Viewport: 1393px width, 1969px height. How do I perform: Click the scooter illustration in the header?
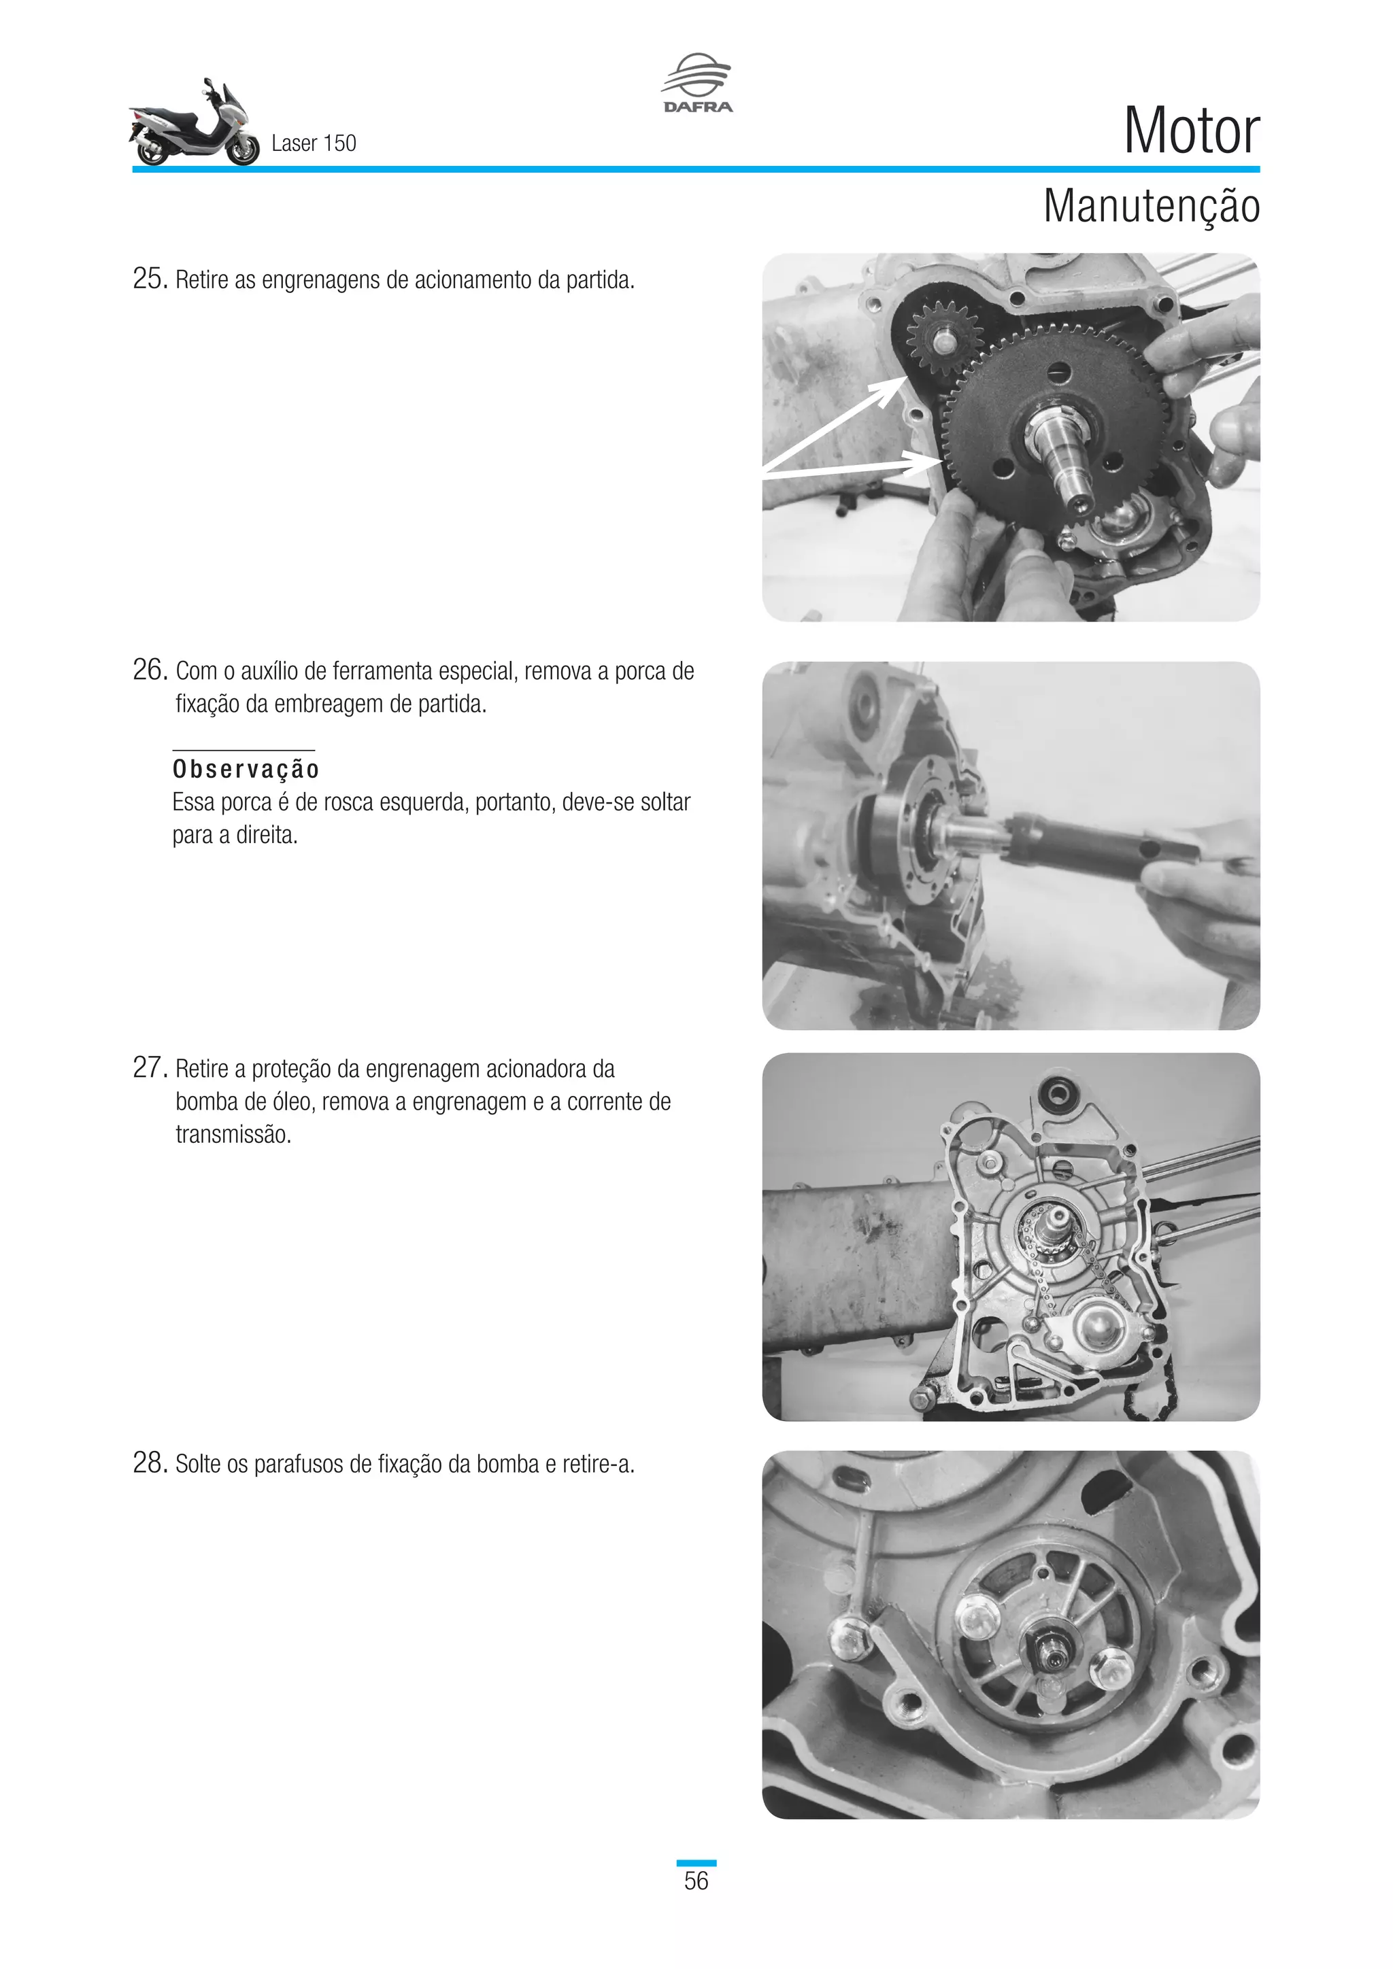point(194,124)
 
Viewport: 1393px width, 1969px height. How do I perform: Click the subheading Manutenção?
point(1150,207)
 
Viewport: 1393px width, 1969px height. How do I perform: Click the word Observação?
point(246,768)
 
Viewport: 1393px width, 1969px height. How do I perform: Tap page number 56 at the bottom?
point(696,1881)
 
